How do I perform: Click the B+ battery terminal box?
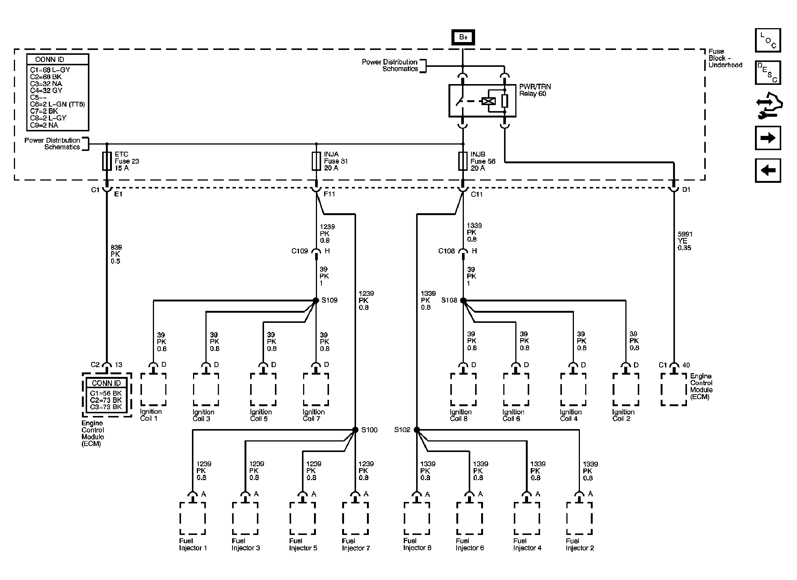(x=463, y=37)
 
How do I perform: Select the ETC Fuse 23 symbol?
(x=107, y=161)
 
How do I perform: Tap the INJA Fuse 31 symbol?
(x=316, y=161)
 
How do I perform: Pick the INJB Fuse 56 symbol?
(x=463, y=161)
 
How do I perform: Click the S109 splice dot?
(x=316, y=300)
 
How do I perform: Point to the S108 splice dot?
(x=463, y=300)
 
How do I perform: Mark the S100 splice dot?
(x=355, y=430)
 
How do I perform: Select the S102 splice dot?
(x=417, y=430)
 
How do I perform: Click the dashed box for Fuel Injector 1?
(x=193, y=518)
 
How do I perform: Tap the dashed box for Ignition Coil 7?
(x=316, y=389)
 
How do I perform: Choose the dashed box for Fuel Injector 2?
(x=579, y=518)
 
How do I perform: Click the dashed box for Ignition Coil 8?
(x=463, y=389)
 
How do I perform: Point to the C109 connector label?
(x=300, y=251)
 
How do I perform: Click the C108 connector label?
(x=447, y=251)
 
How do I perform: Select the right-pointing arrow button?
(x=768, y=138)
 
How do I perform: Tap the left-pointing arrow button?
(x=768, y=170)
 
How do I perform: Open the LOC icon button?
(x=768, y=40)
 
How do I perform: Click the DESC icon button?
(x=768, y=72)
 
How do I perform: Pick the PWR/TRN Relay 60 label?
(x=535, y=90)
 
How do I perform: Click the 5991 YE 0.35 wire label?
(x=685, y=241)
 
